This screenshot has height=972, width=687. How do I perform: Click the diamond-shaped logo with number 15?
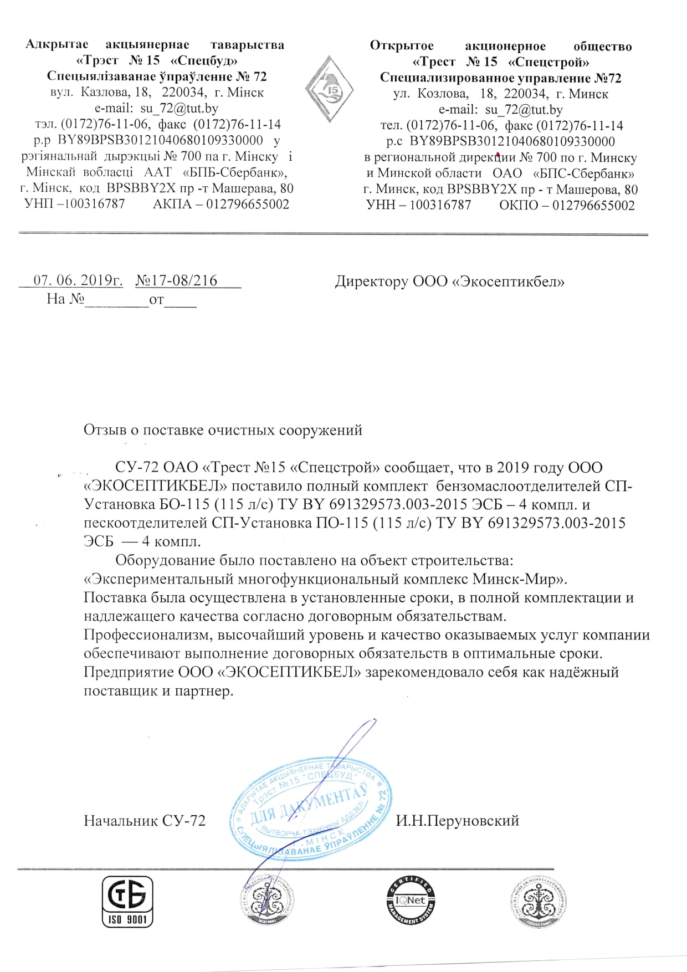[330, 89]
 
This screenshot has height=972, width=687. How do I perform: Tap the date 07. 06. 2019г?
[78, 280]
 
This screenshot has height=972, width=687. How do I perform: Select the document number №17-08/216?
[176, 280]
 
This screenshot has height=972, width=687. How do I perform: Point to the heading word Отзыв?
[105, 429]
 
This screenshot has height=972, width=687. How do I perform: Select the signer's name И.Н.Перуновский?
[457, 820]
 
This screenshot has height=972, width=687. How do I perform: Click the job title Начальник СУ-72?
[145, 821]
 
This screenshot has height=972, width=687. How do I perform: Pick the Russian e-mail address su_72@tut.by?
[524, 110]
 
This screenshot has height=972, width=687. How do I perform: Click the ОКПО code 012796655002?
[593, 205]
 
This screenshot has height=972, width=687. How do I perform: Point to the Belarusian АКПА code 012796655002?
[248, 204]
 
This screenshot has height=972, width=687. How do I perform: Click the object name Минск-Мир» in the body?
[520, 579]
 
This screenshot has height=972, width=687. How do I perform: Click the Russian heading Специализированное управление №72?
[500, 78]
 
